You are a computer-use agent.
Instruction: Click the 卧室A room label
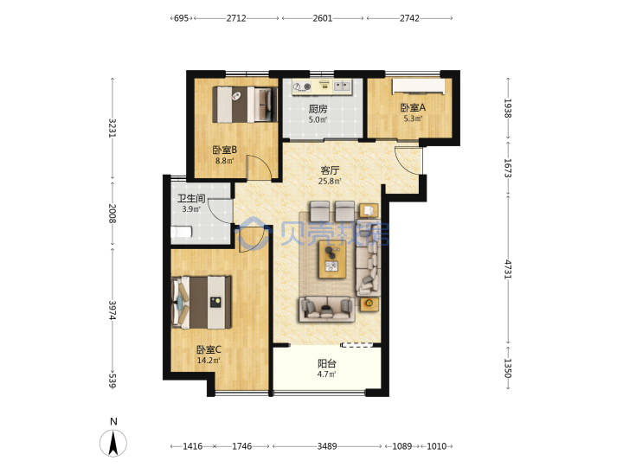[x=413, y=107]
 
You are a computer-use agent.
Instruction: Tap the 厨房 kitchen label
[x=318, y=109]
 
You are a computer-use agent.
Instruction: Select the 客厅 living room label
[x=330, y=170]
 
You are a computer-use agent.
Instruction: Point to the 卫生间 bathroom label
[x=191, y=198]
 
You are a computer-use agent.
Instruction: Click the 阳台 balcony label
[x=327, y=363]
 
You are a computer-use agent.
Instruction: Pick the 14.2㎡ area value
[x=209, y=361]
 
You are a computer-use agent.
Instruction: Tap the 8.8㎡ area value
[x=225, y=161]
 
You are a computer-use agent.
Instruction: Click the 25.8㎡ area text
[x=331, y=182]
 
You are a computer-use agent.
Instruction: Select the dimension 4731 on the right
[x=508, y=269]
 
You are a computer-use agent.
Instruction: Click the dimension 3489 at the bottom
[x=327, y=446]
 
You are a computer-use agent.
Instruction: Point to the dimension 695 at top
[x=181, y=18]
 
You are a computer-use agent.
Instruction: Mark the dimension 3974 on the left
[x=112, y=310]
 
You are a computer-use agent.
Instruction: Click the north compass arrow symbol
[x=113, y=443]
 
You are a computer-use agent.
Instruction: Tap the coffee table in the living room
[x=331, y=260]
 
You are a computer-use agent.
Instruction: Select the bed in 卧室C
[x=201, y=302]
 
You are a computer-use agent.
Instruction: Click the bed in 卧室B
[x=245, y=105]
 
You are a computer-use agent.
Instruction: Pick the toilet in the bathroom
[x=182, y=233]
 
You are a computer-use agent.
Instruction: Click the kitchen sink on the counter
[x=342, y=86]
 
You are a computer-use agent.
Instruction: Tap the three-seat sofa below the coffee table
[x=327, y=309]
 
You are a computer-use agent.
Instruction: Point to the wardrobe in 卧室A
[x=419, y=87]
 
